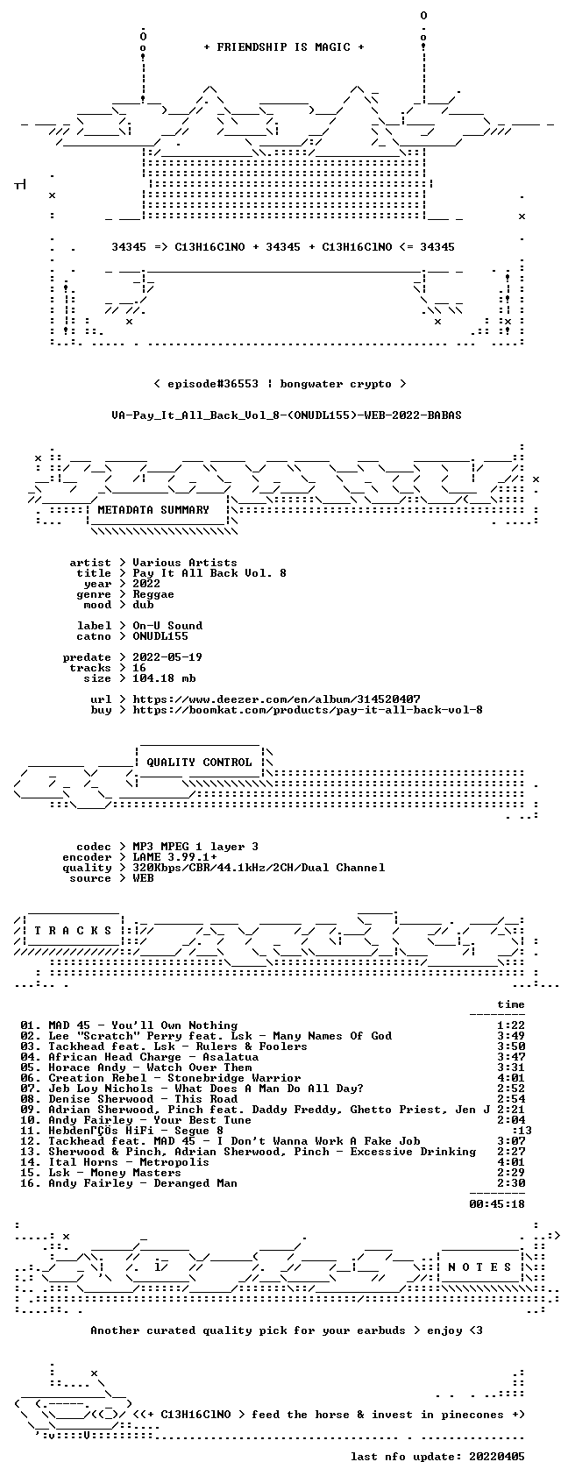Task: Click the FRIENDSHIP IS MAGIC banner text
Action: click(284, 47)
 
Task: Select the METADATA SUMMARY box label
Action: click(153, 510)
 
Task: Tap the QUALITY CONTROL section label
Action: click(199, 762)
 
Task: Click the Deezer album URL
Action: click(276, 699)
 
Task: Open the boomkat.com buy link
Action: click(308, 710)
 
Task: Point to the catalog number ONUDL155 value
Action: click(160, 636)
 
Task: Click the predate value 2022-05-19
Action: click(167, 657)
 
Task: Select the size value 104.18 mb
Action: click(164, 678)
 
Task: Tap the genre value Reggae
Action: click(153, 594)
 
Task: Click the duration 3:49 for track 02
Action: click(511, 1035)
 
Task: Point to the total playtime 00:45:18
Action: click(497, 1203)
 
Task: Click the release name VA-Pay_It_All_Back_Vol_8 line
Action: click(287, 415)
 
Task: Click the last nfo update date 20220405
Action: click(497, 1456)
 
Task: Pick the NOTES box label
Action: click(480, 1267)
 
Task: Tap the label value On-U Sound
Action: click(167, 626)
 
